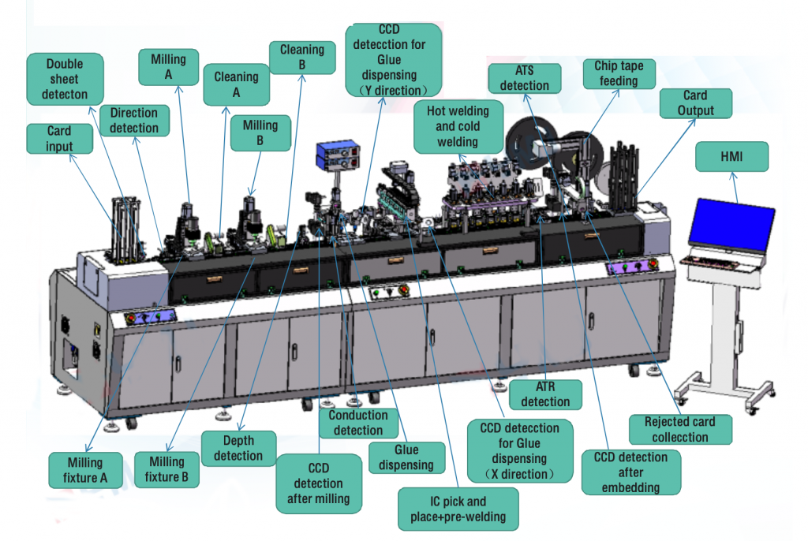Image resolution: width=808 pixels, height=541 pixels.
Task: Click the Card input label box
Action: (59, 139)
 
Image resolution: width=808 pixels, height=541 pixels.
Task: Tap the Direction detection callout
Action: (134, 120)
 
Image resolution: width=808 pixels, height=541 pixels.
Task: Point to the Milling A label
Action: (168, 67)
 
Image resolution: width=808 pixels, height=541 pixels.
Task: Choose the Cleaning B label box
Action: (301, 58)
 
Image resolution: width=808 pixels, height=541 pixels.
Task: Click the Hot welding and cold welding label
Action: (458, 126)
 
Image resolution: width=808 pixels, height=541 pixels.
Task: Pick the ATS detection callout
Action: (525, 78)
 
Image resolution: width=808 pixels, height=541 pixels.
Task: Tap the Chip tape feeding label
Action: (619, 73)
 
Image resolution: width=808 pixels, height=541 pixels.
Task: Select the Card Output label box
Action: (695, 103)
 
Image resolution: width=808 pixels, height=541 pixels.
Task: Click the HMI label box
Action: (732, 157)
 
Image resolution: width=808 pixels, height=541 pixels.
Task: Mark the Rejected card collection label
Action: (680, 430)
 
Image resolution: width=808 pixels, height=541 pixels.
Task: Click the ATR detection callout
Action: (545, 394)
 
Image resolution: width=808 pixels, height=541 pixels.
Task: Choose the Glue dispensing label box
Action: (406, 457)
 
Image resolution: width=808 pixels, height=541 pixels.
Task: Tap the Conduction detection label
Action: (358, 423)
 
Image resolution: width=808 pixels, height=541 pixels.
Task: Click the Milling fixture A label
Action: (85, 470)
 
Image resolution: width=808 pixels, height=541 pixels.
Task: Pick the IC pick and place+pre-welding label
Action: (458, 509)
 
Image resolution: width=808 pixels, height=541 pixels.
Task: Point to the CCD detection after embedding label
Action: (630, 472)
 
